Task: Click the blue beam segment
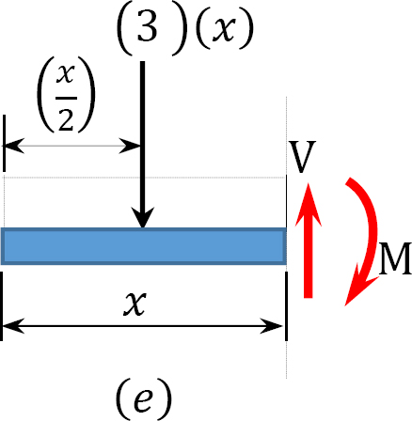point(144,246)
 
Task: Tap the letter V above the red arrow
point(302,157)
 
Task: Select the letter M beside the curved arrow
point(395,258)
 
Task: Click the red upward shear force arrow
point(309,241)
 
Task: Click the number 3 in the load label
point(147,26)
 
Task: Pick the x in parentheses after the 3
point(224,29)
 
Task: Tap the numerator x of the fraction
point(66,74)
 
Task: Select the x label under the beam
point(135,303)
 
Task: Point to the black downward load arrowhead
point(143,217)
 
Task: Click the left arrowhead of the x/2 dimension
point(13,146)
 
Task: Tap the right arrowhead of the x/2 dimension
point(130,146)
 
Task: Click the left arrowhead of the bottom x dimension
point(13,326)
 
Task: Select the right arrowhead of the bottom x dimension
point(272,326)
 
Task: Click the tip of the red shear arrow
point(309,183)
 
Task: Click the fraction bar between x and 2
point(66,98)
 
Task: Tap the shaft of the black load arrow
point(143,134)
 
